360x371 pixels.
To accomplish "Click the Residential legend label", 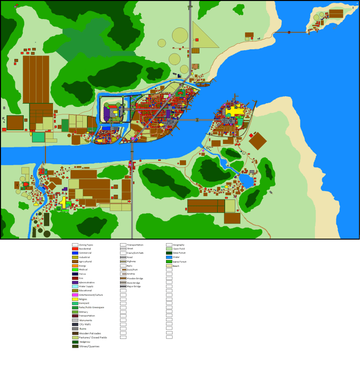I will tap(85, 249).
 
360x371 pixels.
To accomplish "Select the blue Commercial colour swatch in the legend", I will tap(75, 253).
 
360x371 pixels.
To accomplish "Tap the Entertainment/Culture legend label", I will tap(91, 295).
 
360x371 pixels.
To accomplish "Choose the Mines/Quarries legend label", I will tap(89, 346).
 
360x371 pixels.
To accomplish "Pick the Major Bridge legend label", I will tap(133, 286).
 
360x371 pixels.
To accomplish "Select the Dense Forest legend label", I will tap(179, 253).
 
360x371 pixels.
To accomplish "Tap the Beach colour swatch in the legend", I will tap(169, 266).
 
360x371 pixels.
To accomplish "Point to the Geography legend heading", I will tap(179, 245).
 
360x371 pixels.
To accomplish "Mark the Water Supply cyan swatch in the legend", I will tap(75, 286).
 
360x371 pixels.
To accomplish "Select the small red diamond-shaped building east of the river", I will tap(251, 135).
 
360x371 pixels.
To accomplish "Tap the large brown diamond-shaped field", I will tap(258, 141).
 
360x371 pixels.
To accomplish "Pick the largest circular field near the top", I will tap(180, 35).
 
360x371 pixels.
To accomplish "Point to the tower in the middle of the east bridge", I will tap(197, 120).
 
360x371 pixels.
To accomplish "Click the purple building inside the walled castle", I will tap(107, 113).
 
